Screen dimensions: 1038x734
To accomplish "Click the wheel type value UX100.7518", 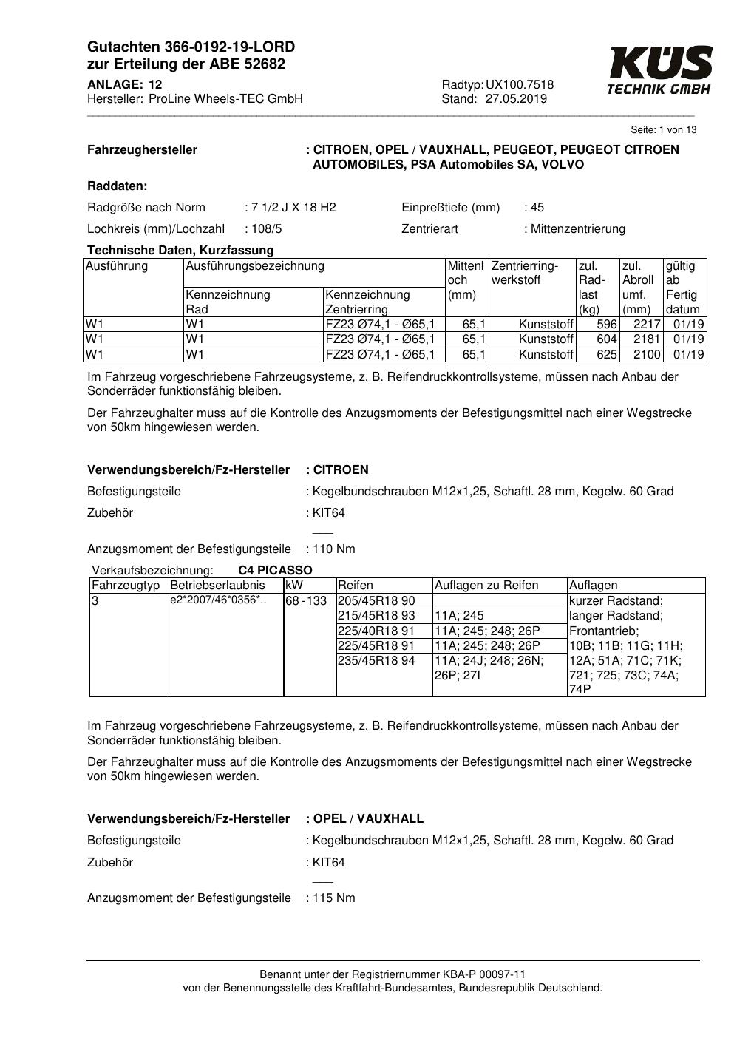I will [520, 85].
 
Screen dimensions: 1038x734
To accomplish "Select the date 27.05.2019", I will [516, 99].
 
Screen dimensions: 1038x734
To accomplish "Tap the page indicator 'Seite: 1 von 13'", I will [663, 130].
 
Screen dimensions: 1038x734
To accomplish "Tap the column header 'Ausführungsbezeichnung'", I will [255, 266].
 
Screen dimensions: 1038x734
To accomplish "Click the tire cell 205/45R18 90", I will [376, 601].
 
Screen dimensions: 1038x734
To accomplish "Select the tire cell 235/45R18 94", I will [376, 660].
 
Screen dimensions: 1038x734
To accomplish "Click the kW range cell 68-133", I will [306, 601].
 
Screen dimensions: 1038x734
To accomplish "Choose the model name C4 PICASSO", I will [275, 571].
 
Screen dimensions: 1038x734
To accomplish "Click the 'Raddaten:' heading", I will [117, 186].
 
